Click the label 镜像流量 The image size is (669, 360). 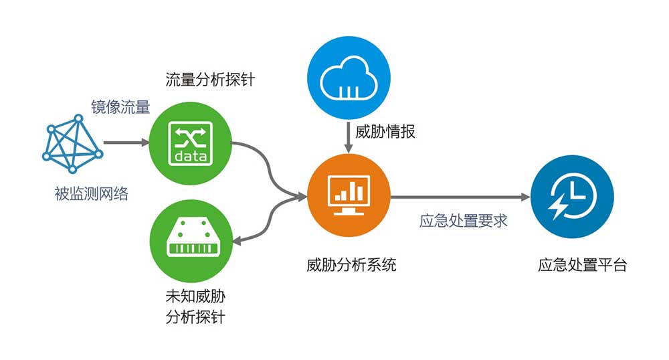pyautogui.click(x=120, y=106)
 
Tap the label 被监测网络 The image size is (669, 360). pyautogui.click(x=91, y=195)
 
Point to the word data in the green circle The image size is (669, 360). pyautogui.click(x=191, y=157)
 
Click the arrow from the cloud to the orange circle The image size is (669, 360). pyautogui.click(x=348, y=137)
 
